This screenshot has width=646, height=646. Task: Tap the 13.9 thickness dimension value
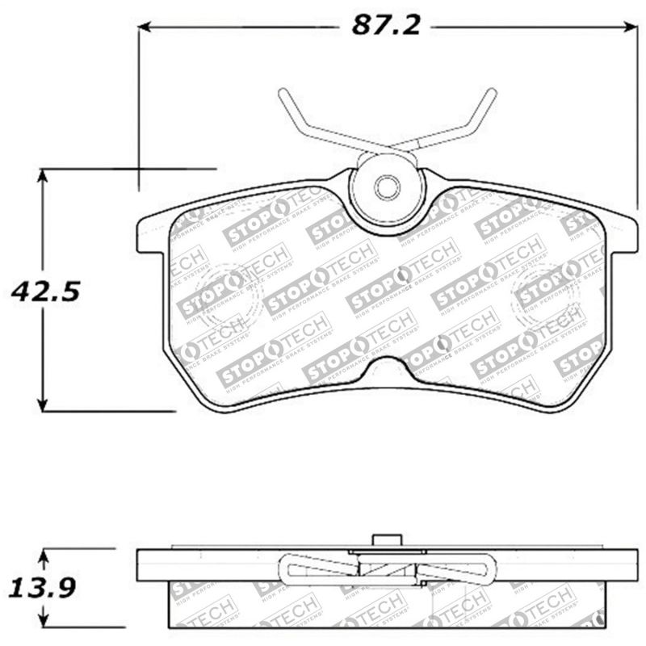[x=41, y=588]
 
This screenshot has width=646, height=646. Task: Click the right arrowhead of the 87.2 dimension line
[x=631, y=27]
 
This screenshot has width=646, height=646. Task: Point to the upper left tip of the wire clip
[x=283, y=93]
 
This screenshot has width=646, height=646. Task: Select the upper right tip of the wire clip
[x=492, y=93]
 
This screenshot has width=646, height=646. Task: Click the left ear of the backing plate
[x=150, y=234]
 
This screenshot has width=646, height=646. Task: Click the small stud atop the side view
[x=387, y=541]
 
